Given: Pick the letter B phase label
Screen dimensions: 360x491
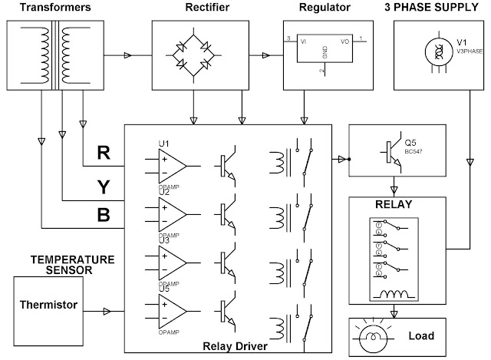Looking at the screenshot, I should (x=102, y=216).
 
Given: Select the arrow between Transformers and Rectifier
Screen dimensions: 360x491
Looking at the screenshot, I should (x=127, y=55).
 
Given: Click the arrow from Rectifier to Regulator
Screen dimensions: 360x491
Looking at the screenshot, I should (x=268, y=55).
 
